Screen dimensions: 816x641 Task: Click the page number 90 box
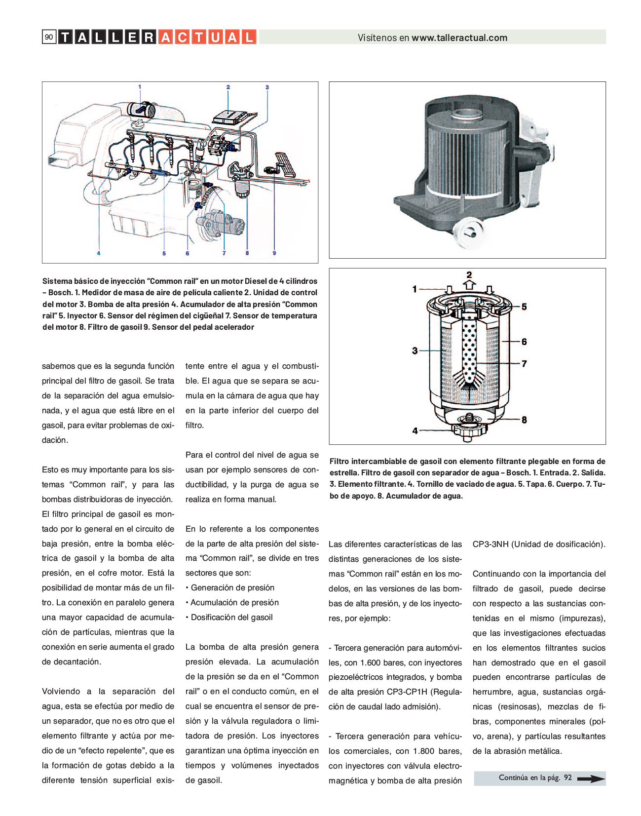49,37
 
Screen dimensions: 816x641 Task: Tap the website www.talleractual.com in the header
459,38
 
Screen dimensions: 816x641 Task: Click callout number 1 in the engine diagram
140,87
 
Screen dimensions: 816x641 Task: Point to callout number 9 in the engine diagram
274,253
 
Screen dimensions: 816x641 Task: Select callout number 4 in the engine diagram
99,253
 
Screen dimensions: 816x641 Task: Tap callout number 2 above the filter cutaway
469,274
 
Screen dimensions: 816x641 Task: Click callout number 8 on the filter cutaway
524,420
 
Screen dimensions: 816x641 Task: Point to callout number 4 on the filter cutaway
415,430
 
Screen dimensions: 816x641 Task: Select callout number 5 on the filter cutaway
524,307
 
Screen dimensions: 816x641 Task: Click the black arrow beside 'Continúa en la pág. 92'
590,778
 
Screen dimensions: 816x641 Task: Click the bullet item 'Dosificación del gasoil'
231,617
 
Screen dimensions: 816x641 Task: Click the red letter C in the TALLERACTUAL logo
182,37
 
